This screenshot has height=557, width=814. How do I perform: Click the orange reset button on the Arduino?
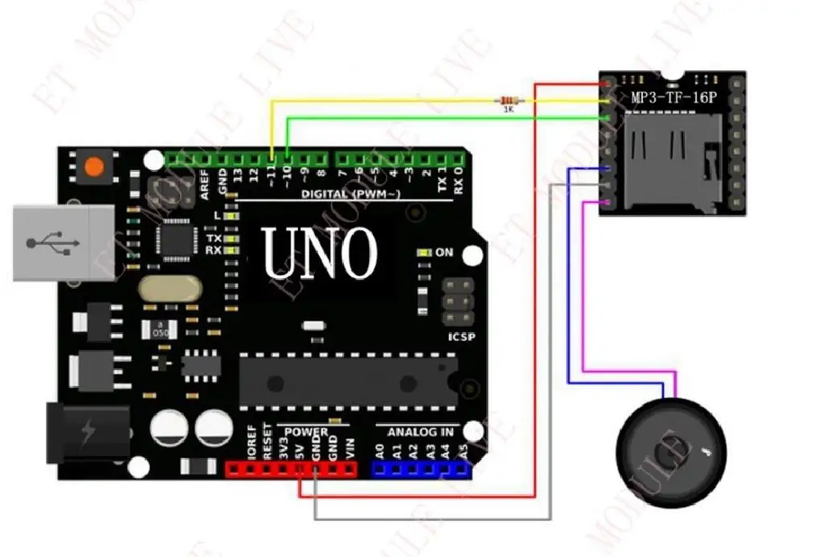[x=95, y=167]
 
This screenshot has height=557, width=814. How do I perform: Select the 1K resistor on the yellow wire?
[x=508, y=100]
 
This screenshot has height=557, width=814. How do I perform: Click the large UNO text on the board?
[x=320, y=253]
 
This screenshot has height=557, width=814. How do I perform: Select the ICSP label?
[x=461, y=337]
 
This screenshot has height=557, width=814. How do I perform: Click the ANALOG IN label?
[x=420, y=432]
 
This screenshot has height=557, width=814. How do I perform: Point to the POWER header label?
[x=306, y=432]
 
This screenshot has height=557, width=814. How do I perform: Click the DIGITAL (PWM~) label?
[x=347, y=194]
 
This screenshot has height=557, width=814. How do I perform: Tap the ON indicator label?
[x=444, y=252]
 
